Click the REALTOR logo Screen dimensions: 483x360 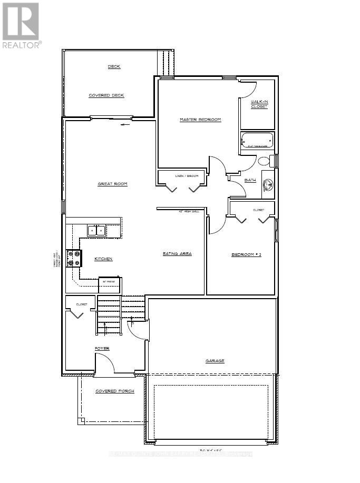(21, 25)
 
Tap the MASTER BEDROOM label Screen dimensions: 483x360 (200, 120)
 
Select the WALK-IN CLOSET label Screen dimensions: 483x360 (259, 104)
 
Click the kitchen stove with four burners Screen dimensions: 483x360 (74, 258)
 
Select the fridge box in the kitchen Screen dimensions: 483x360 (110, 284)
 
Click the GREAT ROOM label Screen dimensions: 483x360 (112, 184)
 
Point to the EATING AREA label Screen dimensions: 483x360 (177, 253)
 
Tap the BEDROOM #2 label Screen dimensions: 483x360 (247, 255)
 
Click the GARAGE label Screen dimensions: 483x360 (215, 361)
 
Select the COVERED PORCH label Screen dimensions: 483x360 (114, 391)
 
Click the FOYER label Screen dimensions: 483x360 (102, 349)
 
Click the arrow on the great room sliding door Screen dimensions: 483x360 (124, 125)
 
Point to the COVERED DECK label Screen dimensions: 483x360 (106, 95)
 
